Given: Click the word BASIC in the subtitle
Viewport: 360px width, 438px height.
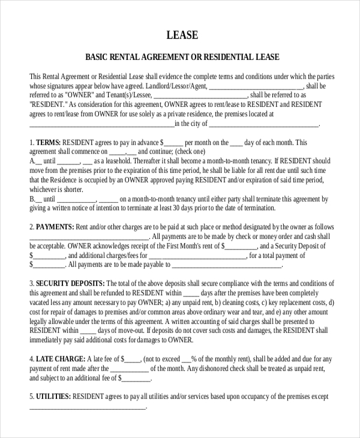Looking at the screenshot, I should pos(97,58).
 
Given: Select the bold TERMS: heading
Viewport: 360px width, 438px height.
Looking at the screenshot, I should pos(49,143).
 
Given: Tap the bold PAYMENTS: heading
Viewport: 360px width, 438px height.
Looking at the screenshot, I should pos(55,227).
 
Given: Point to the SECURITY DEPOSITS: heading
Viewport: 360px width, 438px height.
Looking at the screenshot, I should pos(70,283).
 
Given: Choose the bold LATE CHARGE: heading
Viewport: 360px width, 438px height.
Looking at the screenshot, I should pos(60,359).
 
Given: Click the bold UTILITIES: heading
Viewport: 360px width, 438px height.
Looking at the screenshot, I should pos(53,397).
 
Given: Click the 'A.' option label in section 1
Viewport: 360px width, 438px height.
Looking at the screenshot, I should pos(32,161).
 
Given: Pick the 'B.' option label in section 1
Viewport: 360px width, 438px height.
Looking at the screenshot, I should pos(32,199).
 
